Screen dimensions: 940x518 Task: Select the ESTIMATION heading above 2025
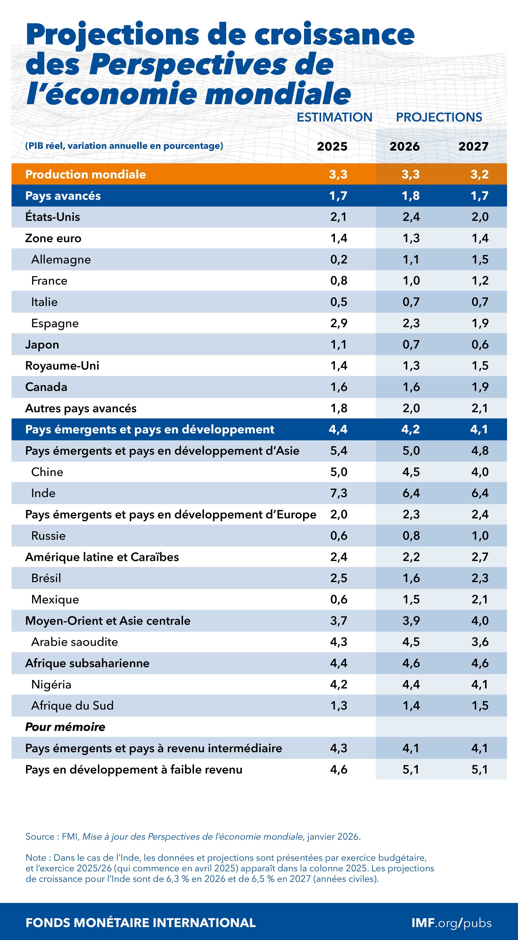coord(334,117)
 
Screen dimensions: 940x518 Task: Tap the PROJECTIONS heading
coord(439,117)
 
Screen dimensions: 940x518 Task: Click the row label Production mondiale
coord(85,174)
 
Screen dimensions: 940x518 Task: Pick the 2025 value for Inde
coord(338,493)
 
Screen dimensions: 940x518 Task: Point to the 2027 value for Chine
coord(480,472)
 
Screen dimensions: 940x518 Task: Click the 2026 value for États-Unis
coord(411,217)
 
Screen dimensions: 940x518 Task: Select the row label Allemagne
coord(61,259)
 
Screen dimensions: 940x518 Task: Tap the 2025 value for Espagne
coord(338,323)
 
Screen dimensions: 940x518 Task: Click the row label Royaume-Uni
coord(62,366)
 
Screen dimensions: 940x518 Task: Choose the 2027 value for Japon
coord(480,345)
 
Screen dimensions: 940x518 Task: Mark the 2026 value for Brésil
coord(411,578)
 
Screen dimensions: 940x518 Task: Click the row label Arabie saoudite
coord(75,642)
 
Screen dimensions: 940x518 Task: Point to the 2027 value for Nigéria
coord(480,684)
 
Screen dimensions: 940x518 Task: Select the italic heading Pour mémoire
coord(65,727)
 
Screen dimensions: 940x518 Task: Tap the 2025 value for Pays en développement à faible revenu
coord(338,770)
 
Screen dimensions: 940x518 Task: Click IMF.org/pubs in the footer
coord(451,923)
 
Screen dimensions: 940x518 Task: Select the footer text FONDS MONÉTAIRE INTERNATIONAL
coord(140,923)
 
